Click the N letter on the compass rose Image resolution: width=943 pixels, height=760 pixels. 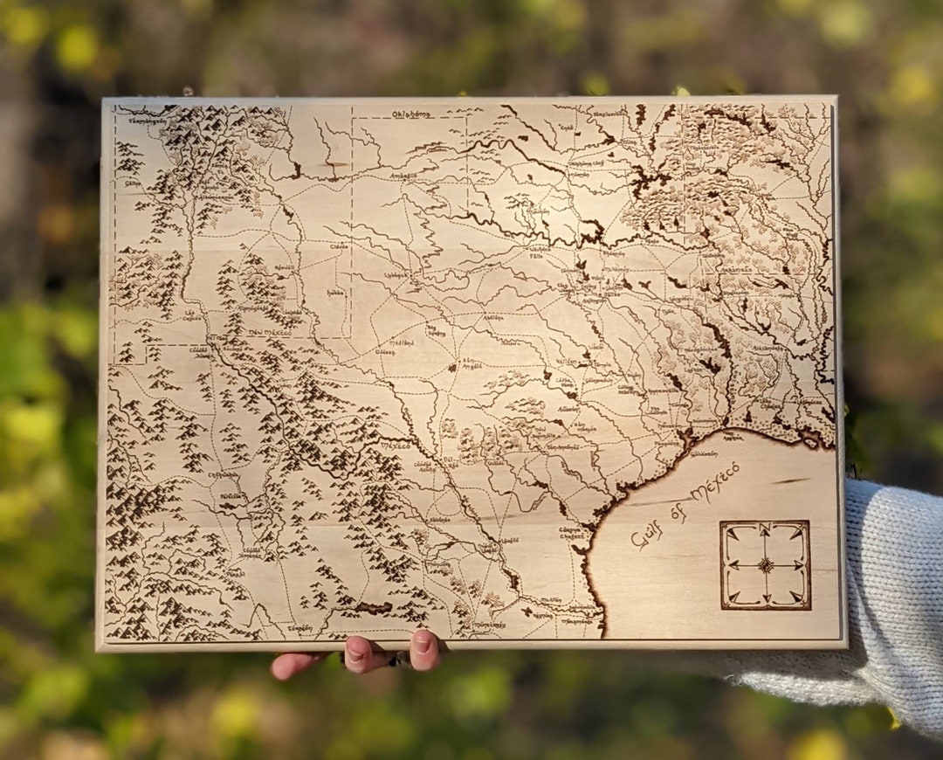tap(765, 528)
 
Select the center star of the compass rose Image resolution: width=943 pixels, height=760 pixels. tap(766, 565)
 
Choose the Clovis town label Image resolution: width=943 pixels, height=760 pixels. tap(339, 246)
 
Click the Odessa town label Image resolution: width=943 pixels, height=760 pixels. tap(385, 352)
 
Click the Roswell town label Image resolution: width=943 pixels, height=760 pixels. tap(285, 267)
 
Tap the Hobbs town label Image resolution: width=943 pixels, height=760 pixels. tap(334, 293)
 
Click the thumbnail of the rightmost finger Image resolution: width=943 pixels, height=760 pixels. tap(423, 646)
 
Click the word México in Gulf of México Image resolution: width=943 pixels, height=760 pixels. tap(714, 482)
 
